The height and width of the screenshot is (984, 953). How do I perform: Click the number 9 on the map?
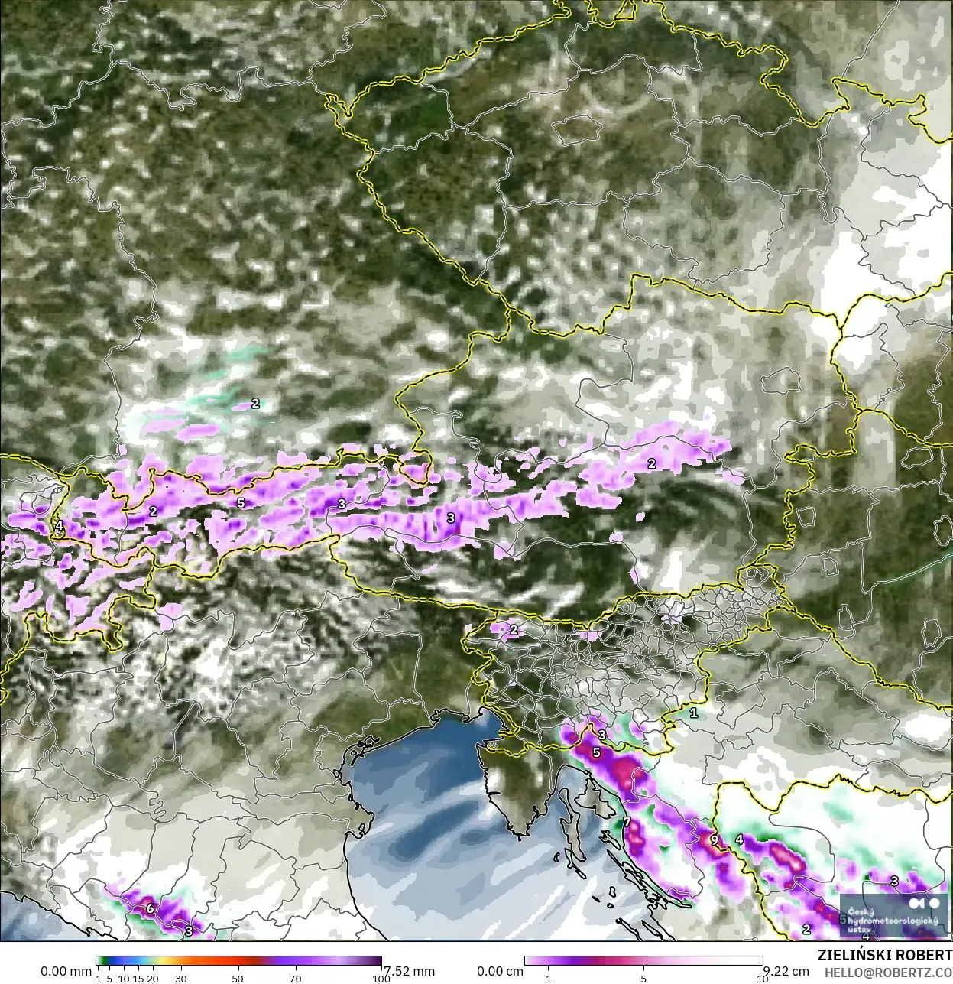point(714,839)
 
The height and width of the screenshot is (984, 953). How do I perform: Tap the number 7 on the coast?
point(626,823)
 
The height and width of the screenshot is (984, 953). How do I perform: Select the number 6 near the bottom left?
point(150,908)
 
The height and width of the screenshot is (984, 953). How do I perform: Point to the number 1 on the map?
point(693,713)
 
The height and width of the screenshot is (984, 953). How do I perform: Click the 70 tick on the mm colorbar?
point(295,978)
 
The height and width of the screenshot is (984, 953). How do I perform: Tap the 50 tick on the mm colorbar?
point(238,978)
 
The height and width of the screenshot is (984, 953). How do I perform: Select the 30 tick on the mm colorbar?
point(181,978)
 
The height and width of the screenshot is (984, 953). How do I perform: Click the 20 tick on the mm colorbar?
point(153,978)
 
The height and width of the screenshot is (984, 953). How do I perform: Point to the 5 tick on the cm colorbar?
point(643,978)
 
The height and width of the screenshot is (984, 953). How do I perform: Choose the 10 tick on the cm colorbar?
point(762,978)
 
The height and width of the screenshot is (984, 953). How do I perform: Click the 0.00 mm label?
point(66,971)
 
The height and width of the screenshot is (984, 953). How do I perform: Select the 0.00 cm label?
point(500,971)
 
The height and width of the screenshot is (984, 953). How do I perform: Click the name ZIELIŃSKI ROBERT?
point(884,956)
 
